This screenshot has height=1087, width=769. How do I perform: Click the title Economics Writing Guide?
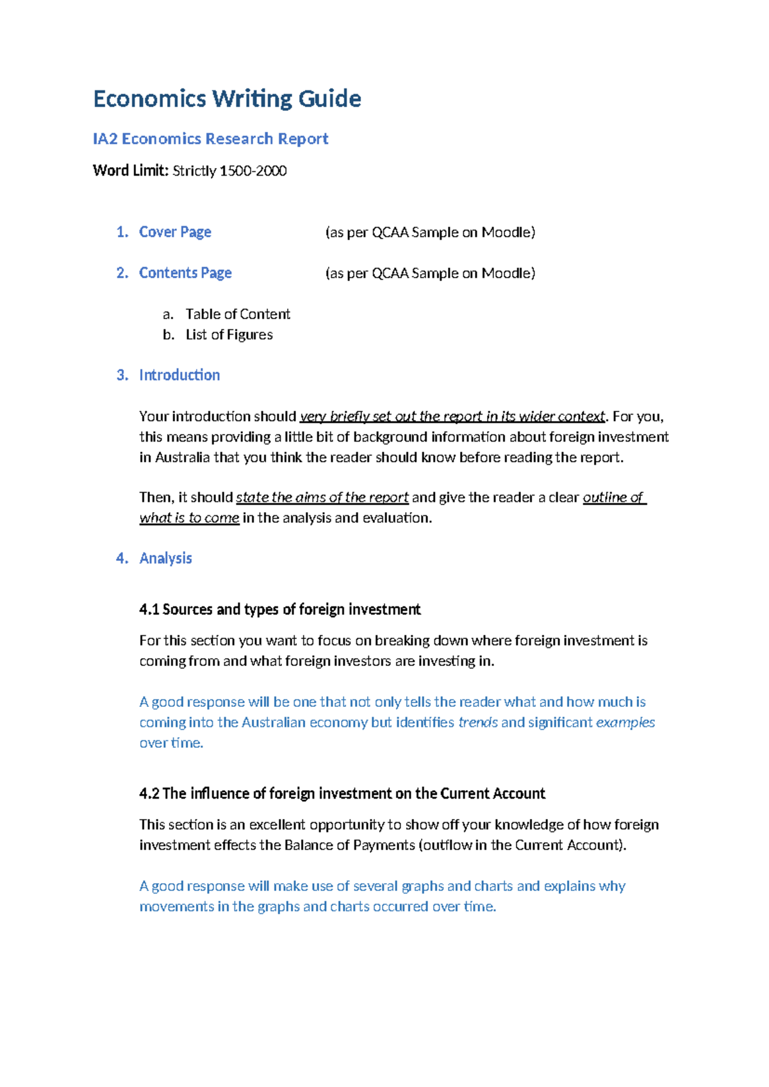(227, 99)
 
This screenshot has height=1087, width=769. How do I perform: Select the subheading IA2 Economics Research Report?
(210, 139)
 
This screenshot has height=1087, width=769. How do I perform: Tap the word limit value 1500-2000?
(253, 171)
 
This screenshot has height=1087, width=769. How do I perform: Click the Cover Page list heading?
(175, 232)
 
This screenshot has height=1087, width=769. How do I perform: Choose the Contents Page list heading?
(185, 273)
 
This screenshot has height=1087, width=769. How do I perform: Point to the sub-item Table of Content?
(238, 314)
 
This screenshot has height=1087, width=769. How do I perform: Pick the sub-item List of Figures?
(229, 335)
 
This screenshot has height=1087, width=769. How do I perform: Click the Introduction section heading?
(179, 375)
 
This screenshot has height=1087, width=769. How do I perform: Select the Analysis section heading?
(165, 558)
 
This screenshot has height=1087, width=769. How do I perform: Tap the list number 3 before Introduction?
(122, 375)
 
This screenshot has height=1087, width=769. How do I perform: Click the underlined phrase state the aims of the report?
(322, 497)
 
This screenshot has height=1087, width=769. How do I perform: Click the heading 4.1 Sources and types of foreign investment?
(279, 610)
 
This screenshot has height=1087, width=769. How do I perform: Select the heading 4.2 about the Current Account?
(342, 793)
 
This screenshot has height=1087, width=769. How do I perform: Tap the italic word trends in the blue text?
(478, 722)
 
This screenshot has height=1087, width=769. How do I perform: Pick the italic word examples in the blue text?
(625, 722)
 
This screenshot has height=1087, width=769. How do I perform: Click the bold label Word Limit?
(131, 171)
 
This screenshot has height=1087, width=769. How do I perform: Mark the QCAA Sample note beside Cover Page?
(430, 232)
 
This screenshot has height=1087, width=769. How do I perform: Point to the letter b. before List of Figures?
(169, 335)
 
